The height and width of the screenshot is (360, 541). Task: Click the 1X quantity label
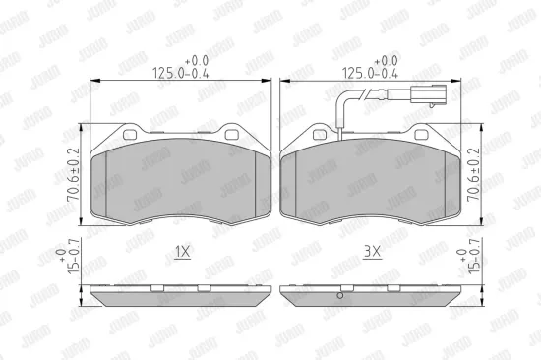click(182, 252)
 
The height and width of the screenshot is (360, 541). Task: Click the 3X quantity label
click(372, 252)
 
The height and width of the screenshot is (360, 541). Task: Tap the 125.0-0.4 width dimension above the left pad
click(181, 68)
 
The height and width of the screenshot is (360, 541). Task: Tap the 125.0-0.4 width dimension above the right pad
click(370, 68)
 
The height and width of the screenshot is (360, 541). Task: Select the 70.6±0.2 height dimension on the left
click(74, 174)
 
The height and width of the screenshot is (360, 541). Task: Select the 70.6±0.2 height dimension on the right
click(473, 174)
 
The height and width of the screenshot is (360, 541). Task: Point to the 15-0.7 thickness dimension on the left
click(69, 256)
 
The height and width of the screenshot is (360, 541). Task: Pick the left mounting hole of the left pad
click(130, 135)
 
